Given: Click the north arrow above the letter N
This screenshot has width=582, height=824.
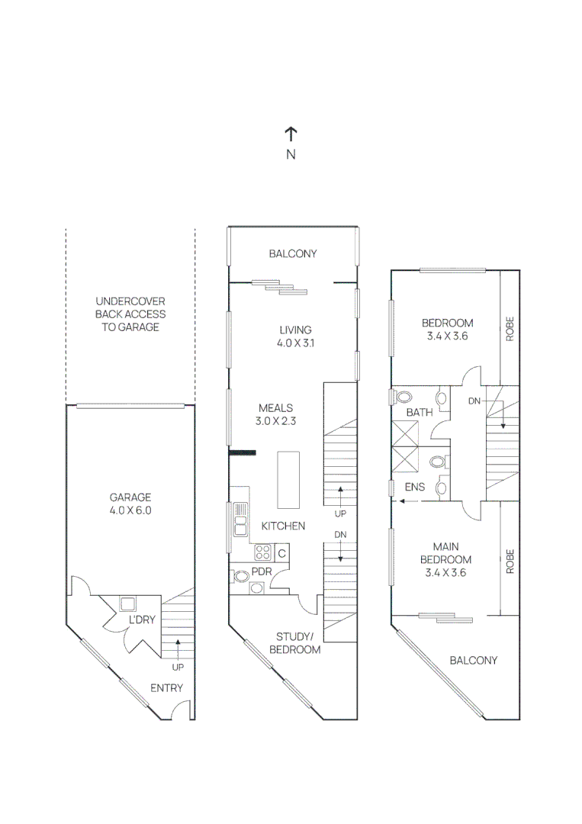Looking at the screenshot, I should (291, 134).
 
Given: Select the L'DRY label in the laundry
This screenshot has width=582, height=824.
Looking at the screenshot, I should (142, 620).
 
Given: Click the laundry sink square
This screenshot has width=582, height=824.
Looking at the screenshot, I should (127, 603).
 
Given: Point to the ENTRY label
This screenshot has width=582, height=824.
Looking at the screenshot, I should (166, 687).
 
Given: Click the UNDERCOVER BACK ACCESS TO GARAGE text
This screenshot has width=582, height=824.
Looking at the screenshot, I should (130, 314).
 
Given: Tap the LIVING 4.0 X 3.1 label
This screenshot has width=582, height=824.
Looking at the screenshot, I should (295, 336).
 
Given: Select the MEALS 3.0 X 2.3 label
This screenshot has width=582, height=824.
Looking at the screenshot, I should (275, 414).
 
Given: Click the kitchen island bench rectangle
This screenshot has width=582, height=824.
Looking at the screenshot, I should (288, 480).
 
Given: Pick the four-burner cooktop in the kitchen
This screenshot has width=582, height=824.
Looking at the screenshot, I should (263, 552).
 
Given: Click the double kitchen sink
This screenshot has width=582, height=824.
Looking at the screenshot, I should (240, 518).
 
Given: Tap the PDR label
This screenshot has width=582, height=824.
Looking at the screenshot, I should (262, 572).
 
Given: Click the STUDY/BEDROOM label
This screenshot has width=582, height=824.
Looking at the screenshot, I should (294, 642).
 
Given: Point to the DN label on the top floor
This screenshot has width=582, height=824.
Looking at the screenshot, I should (474, 401).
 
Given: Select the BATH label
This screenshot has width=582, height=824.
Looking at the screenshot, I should (419, 412).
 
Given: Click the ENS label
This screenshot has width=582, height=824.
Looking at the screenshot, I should (416, 486).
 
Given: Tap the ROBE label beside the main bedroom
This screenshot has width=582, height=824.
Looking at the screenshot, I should (510, 562).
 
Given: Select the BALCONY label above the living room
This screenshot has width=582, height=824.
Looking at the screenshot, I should (292, 253).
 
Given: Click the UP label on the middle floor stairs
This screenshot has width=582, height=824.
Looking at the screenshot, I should (340, 513).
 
